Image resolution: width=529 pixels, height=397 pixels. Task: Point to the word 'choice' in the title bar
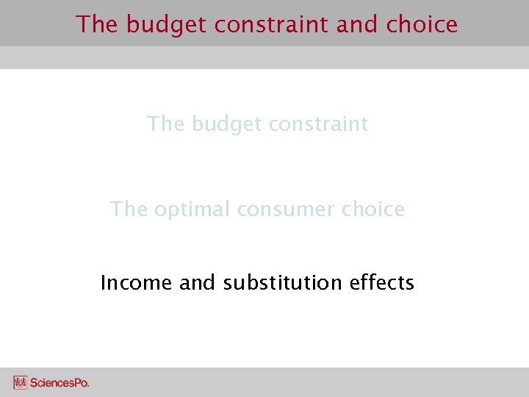(422, 24)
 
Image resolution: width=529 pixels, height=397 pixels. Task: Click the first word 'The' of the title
(98, 24)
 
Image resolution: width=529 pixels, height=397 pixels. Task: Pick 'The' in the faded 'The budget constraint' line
(166, 124)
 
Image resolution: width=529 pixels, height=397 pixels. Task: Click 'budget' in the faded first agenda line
(226, 124)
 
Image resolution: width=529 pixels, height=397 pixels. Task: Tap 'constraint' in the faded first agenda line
(319, 124)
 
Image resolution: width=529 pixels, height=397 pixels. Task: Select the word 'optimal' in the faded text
(192, 210)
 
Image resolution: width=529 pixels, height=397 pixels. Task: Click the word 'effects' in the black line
(382, 282)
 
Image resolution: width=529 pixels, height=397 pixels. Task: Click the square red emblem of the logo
(21, 382)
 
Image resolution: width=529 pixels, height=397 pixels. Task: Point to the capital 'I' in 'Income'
(103, 282)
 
